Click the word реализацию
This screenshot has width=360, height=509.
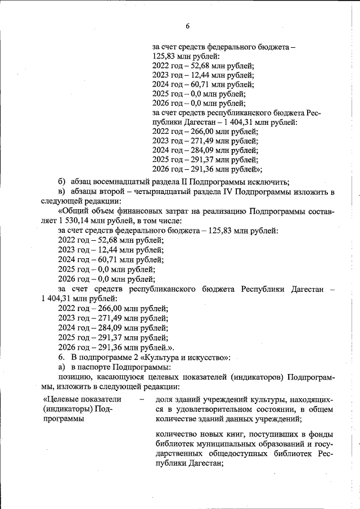[x=222, y=211]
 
